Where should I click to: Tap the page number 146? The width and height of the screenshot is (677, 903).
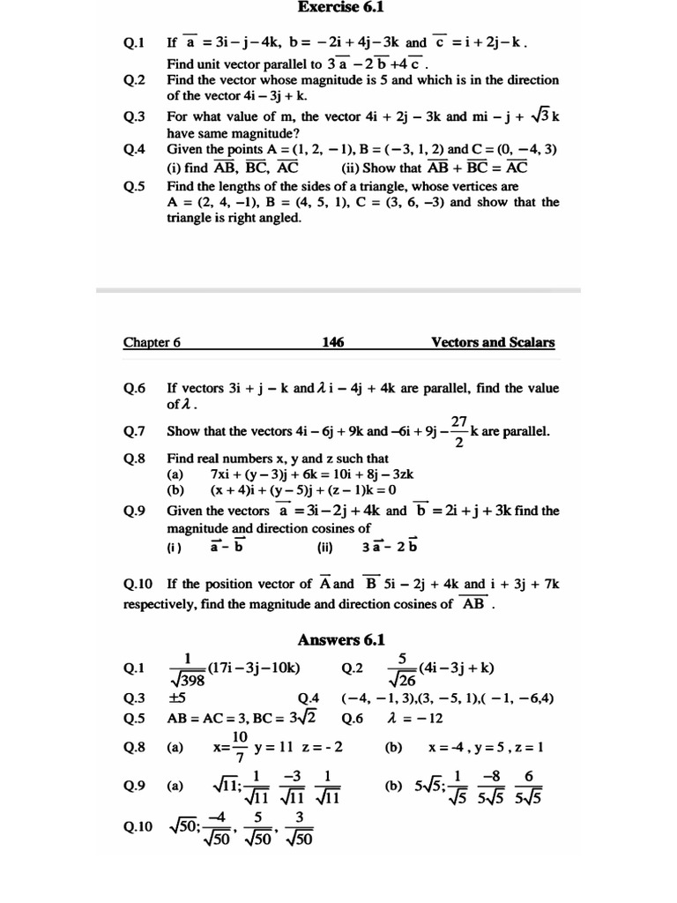pos(333,343)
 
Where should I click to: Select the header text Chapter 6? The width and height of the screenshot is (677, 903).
pos(152,343)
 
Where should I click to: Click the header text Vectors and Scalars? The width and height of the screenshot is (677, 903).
pos(493,343)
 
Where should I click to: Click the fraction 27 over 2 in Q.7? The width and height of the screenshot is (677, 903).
pos(458,432)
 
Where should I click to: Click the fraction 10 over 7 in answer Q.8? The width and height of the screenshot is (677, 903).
pos(240,747)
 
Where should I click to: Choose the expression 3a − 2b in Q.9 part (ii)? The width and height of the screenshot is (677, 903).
pos(390,546)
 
